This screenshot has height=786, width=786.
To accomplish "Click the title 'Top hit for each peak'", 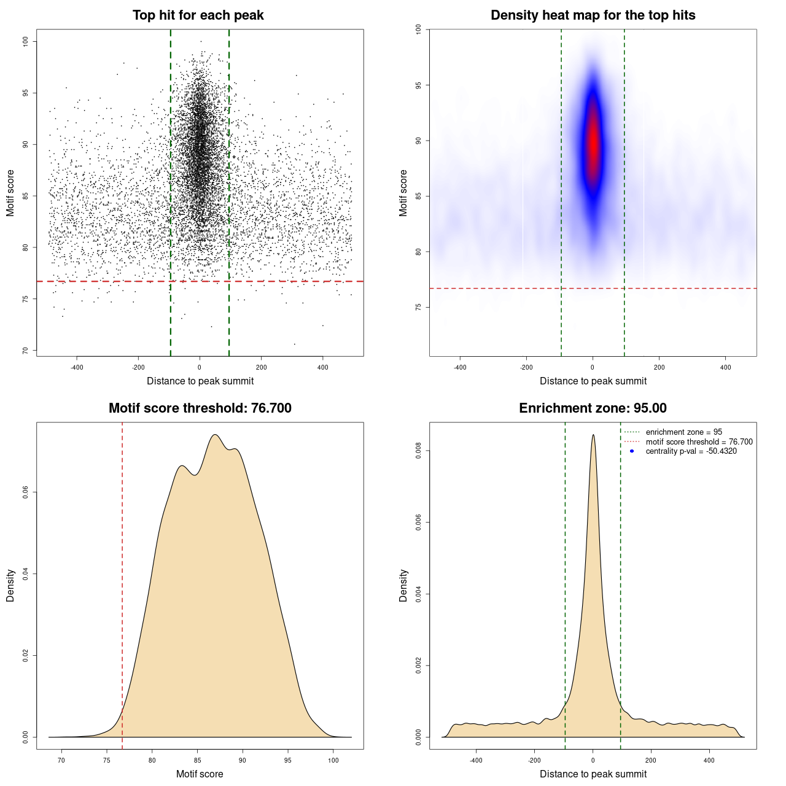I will pos(198,15).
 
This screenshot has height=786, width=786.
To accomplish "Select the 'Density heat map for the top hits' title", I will pos(593,15).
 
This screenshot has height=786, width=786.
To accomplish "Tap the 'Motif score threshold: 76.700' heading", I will pos(200,408).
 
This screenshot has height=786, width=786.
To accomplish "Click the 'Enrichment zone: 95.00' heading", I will pos(593,408).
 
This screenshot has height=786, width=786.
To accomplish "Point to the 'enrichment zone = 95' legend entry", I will pos(683,432).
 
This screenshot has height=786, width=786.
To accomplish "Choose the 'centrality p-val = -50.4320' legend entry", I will pos(691,451).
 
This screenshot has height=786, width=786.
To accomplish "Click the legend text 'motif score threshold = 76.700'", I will pos(699,442).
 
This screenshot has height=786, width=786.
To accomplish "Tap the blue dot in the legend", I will pos(632,451).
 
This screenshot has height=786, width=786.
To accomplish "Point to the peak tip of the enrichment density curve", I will pos(593,435).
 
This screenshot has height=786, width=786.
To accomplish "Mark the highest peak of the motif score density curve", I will pos(215,435).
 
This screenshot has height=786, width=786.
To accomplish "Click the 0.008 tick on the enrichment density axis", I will pos(419,451).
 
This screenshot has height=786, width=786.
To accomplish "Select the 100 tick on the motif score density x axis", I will pos(333,760).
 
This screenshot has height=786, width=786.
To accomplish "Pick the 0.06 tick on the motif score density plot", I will pos(26,492).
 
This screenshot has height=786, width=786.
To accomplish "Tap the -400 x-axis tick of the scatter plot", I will pos(77,367).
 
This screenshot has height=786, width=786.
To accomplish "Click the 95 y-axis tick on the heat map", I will pos(419,85).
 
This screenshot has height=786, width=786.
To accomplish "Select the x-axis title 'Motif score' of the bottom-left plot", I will pos(200,774).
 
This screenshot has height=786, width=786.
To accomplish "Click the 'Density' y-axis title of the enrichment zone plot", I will pos(403,585).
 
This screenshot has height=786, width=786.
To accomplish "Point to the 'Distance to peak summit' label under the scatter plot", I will pos(200,381).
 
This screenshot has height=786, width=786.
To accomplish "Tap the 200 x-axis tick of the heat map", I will pos(659,367).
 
